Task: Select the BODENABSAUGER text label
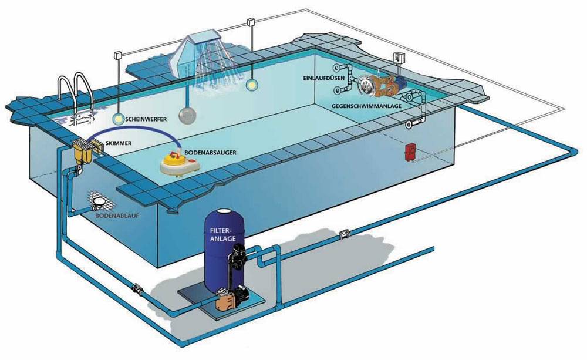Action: pyautogui.click(x=210, y=152)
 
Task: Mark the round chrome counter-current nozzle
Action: pyautogui.click(x=367, y=86)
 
